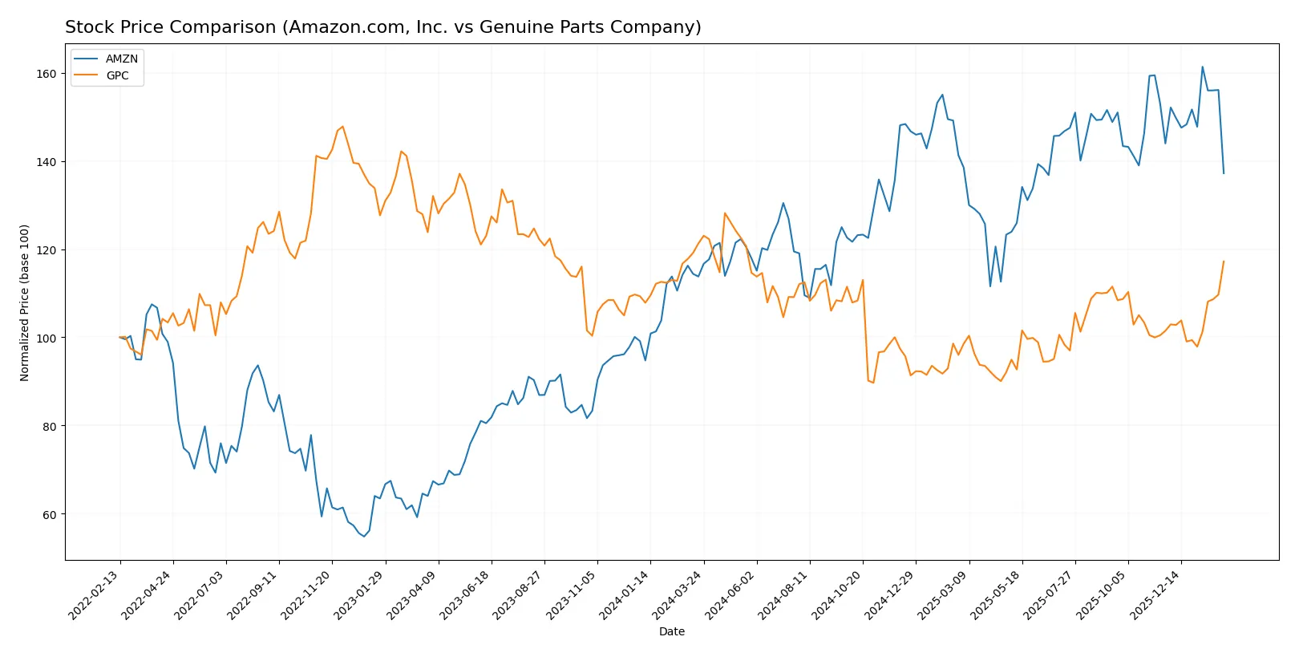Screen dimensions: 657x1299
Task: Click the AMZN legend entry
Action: (121, 59)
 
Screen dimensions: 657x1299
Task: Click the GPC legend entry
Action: (117, 75)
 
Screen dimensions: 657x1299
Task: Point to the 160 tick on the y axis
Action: (47, 74)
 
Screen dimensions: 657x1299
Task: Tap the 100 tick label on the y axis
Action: (47, 339)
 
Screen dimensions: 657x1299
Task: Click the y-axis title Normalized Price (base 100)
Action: (25, 302)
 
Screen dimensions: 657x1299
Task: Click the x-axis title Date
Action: (672, 631)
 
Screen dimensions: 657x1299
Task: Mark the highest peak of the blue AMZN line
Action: (1203, 67)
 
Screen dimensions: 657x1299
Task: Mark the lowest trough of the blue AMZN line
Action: (364, 536)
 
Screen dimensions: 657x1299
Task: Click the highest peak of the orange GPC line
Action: (342, 126)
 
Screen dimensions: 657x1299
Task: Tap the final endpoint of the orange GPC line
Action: (1224, 261)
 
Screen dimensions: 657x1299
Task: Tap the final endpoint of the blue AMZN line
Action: (1224, 173)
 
